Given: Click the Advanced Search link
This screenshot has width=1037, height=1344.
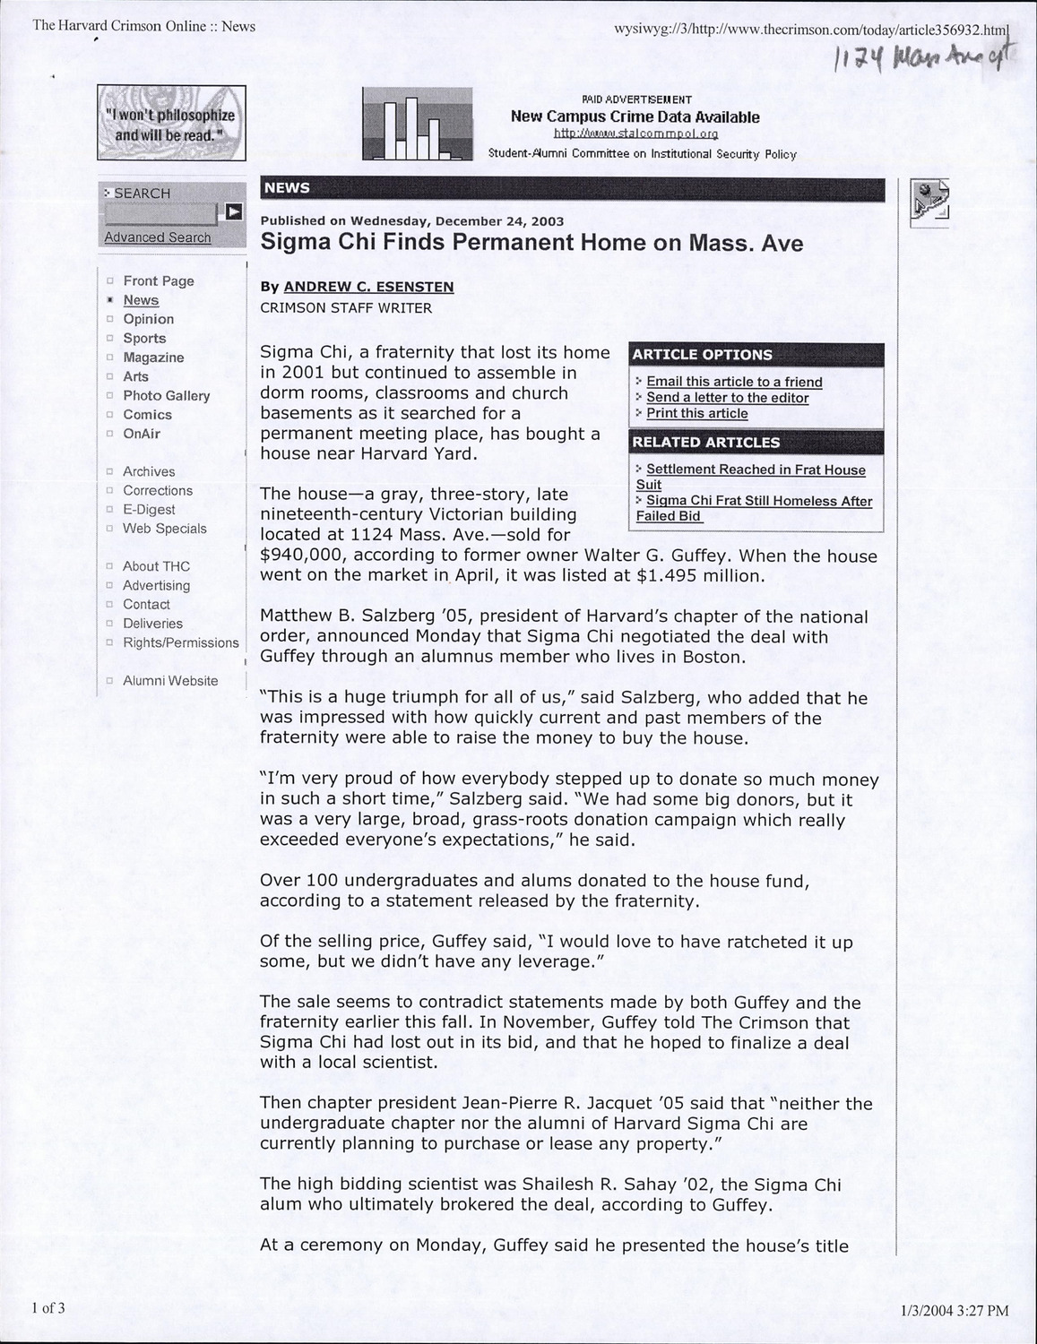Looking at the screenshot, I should coord(158,237).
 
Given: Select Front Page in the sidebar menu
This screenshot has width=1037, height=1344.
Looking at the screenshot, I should coord(158,281).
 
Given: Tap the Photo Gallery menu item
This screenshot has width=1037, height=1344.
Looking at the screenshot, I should coord(166,396).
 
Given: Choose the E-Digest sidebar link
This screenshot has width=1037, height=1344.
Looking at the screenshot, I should coord(149,510).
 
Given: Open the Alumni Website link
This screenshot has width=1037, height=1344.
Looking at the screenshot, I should coord(170,681).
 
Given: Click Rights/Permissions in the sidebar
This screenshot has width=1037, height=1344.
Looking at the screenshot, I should coord(180,643).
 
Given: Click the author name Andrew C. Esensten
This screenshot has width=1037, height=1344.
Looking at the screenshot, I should coord(368,287).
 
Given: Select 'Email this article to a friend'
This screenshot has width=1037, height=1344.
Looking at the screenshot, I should coord(733,382).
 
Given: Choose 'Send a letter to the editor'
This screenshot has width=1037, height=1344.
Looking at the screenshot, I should coord(727,398).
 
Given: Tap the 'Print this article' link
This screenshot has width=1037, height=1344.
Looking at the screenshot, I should coord(696,413).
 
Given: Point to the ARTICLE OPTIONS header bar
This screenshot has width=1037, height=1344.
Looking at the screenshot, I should coord(757,355).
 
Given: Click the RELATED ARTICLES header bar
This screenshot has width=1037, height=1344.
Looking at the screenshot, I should coord(757,443).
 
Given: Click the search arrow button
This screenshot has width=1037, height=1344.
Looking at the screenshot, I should coord(233,212).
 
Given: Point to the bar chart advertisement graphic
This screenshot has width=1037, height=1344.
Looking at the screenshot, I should coord(417,125).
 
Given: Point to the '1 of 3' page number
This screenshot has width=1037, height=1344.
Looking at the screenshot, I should coord(48,1308).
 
